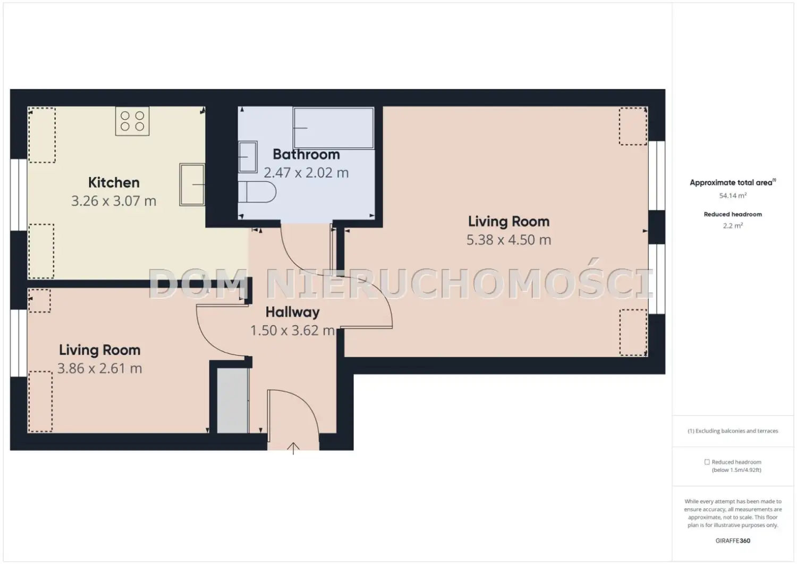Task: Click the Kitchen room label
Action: point(114,183)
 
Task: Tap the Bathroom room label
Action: point(307,155)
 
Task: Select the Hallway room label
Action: point(292,312)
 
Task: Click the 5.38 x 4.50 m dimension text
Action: point(509,240)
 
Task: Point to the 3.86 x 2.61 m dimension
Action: point(100,368)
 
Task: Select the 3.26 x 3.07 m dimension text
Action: point(114,201)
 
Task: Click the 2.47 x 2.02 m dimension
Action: point(307,173)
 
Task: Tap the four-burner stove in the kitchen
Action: point(132,121)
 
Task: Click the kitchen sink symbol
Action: point(192,184)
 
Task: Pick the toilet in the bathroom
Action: point(257,192)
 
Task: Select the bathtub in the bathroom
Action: point(333,128)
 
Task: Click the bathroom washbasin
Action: point(248,157)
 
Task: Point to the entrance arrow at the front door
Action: point(293,448)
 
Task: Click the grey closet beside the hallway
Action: point(233,401)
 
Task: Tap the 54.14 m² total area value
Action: point(733,196)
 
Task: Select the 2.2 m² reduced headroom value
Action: point(733,225)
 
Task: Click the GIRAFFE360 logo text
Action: point(733,541)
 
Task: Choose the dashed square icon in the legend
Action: point(707,462)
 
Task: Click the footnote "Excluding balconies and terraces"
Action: point(736,431)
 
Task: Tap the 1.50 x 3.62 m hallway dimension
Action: point(292,331)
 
